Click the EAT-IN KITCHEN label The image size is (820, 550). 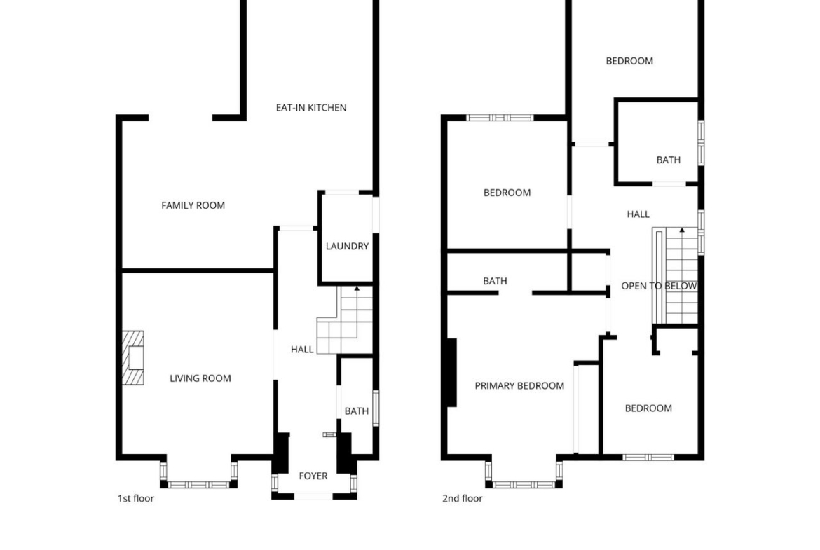tap(311, 108)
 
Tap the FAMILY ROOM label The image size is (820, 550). tap(193, 205)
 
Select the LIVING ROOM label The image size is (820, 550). tap(200, 378)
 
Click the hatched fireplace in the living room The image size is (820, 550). tap(133, 358)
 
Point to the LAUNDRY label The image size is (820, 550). tap(347, 246)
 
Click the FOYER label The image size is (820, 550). tap(313, 476)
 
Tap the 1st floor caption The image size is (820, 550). tap(136, 498)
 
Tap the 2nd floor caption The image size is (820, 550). tap(463, 498)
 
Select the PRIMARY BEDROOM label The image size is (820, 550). tap(519, 386)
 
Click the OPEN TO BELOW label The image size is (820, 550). tap(659, 286)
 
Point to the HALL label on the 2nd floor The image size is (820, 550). tap(638, 214)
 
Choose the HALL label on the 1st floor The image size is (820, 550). tap(302, 350)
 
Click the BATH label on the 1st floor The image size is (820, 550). tap(357, 411)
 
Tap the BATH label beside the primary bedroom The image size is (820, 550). tap(495, 281)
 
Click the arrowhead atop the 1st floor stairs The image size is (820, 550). tap(357, 288)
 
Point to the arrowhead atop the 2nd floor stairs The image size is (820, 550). tap(682, 230)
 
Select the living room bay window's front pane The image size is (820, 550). tap(199, 485)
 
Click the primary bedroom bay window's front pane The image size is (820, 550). tap(524, 485)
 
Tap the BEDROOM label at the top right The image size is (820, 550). tap(629, 61)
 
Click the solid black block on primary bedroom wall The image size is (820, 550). tap(451, 372)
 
